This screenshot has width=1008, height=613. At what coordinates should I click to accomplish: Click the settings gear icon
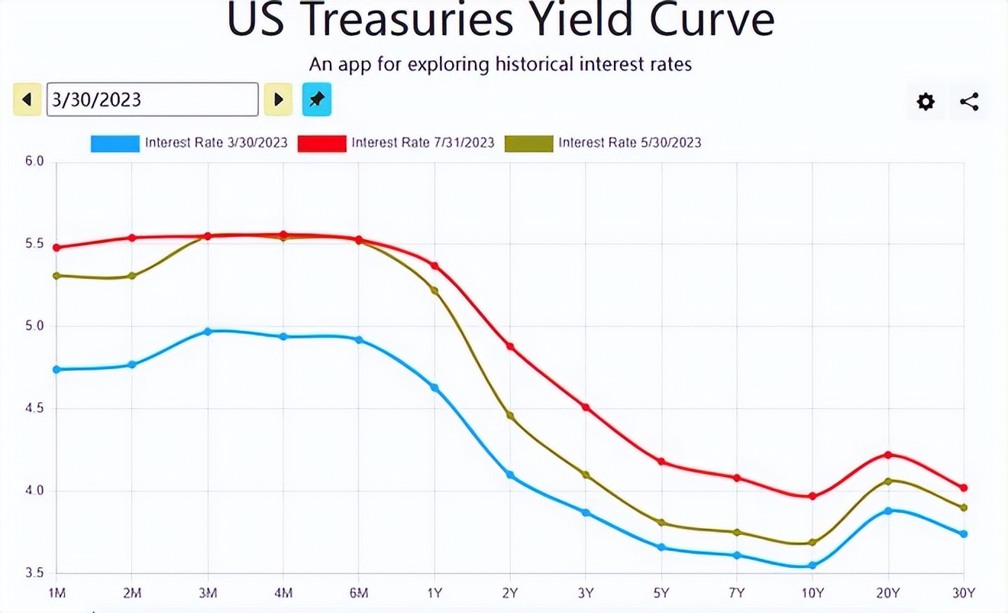click(x=926, y=102)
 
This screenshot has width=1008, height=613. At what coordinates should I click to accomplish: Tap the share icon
click(x=969, y=102)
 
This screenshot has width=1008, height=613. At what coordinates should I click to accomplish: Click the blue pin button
click(x=317, y=99)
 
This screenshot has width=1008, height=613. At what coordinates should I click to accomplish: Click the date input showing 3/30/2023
click(x=153, y=99)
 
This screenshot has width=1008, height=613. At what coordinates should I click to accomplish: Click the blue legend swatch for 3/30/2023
click(x=115, y=143)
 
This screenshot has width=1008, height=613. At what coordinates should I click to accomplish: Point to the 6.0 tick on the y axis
click(x=35, y=162)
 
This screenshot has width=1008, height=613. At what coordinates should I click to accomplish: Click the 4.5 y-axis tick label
click(x=35, y=409)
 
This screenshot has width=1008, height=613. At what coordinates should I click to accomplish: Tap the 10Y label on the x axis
click(x=813, y=593)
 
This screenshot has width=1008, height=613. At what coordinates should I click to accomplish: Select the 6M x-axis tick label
click(x=359, y=593)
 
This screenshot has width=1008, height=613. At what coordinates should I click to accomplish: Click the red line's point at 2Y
click(x=510, y=346)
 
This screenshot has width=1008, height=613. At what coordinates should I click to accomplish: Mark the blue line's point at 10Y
click(x=813, y=566)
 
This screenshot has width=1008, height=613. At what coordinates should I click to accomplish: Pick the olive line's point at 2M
click(x=132, y=276)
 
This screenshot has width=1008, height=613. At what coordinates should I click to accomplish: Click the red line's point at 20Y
click(x=888, y=455)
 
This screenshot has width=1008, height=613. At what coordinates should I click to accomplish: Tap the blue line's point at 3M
click(x=208, y=332)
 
